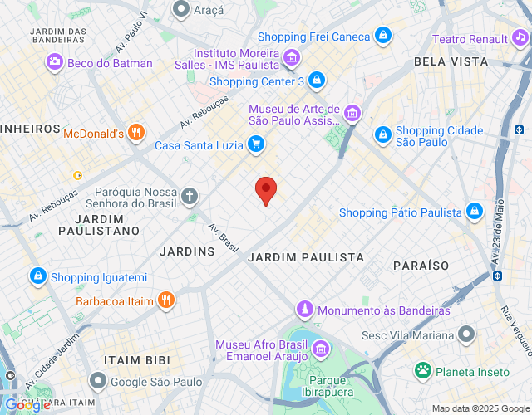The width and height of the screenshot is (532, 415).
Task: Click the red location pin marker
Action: click(265, 189)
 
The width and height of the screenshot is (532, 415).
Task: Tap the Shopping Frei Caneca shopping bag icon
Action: click(382, 35)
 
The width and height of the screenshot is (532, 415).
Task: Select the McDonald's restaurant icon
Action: click(137, 133)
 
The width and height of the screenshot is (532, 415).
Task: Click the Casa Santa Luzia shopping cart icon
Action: click(256, 145)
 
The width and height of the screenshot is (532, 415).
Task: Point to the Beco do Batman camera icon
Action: click(55, 62)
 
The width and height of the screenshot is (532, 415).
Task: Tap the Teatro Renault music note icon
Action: click(520, 38)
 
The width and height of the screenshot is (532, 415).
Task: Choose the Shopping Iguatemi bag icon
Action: click(37, 276)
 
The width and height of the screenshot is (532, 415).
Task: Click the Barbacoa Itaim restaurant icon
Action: click(166, 300)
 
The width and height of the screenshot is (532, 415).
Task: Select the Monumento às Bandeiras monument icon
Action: click(306, 310)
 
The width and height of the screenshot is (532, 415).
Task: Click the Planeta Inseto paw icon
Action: click(423, 371)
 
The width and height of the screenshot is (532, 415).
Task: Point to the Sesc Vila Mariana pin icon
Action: click(467, 335)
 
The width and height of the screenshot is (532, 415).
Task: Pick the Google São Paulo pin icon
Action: click(98, 381)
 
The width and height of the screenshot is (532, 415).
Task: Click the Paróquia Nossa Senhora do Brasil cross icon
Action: click(190, 197)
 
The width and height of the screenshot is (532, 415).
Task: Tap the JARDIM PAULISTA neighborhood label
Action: click(307, 258)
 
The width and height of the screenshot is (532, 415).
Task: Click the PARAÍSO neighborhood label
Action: click(421, 266)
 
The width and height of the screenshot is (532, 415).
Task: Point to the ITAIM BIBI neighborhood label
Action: click(136, 360)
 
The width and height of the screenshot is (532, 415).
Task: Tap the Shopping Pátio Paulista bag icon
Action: click(474, 212)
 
